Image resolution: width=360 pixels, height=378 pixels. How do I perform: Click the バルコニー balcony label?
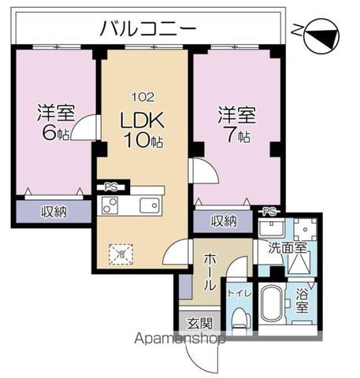(147, 30)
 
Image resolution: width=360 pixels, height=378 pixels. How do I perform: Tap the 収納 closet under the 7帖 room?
(223, 221)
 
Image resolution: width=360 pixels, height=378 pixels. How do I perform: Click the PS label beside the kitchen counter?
(108, 187)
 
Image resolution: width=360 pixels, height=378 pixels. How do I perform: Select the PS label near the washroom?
(269, 211)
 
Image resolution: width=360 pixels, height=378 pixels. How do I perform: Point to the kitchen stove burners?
(109, 206)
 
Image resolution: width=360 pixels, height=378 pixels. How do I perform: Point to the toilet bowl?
(241, 319)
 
